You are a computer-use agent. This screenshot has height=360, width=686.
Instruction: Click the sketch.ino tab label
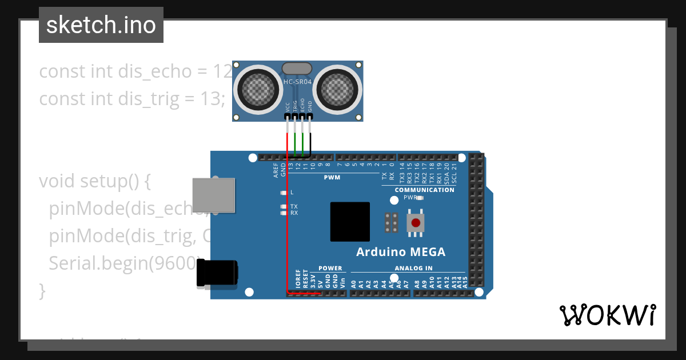pos(101,25)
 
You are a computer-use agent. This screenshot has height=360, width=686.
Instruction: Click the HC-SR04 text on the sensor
pos(298,82)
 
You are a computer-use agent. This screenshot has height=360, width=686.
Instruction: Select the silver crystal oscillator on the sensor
pos(297,69)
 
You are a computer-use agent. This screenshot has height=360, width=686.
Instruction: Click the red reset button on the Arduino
pos(416,222)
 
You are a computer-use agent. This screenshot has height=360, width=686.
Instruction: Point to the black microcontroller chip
pos(349,221)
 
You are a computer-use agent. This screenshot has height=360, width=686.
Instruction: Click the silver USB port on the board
pos(214,195)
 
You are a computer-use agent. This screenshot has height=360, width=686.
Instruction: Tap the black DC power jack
pos(217,273)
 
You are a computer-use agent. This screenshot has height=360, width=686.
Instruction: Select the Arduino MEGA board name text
pos(400,252)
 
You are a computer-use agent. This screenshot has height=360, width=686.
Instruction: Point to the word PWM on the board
pos(332,177)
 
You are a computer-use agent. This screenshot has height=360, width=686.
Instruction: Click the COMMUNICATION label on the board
pos(425,190)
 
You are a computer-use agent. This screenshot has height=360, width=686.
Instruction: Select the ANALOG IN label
pos(413,268)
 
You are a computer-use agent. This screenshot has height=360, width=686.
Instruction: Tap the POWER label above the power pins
pos(330,268)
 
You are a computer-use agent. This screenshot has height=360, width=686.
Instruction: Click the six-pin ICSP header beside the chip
pos(392,222)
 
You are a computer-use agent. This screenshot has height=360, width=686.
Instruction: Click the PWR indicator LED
pos(420,198)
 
